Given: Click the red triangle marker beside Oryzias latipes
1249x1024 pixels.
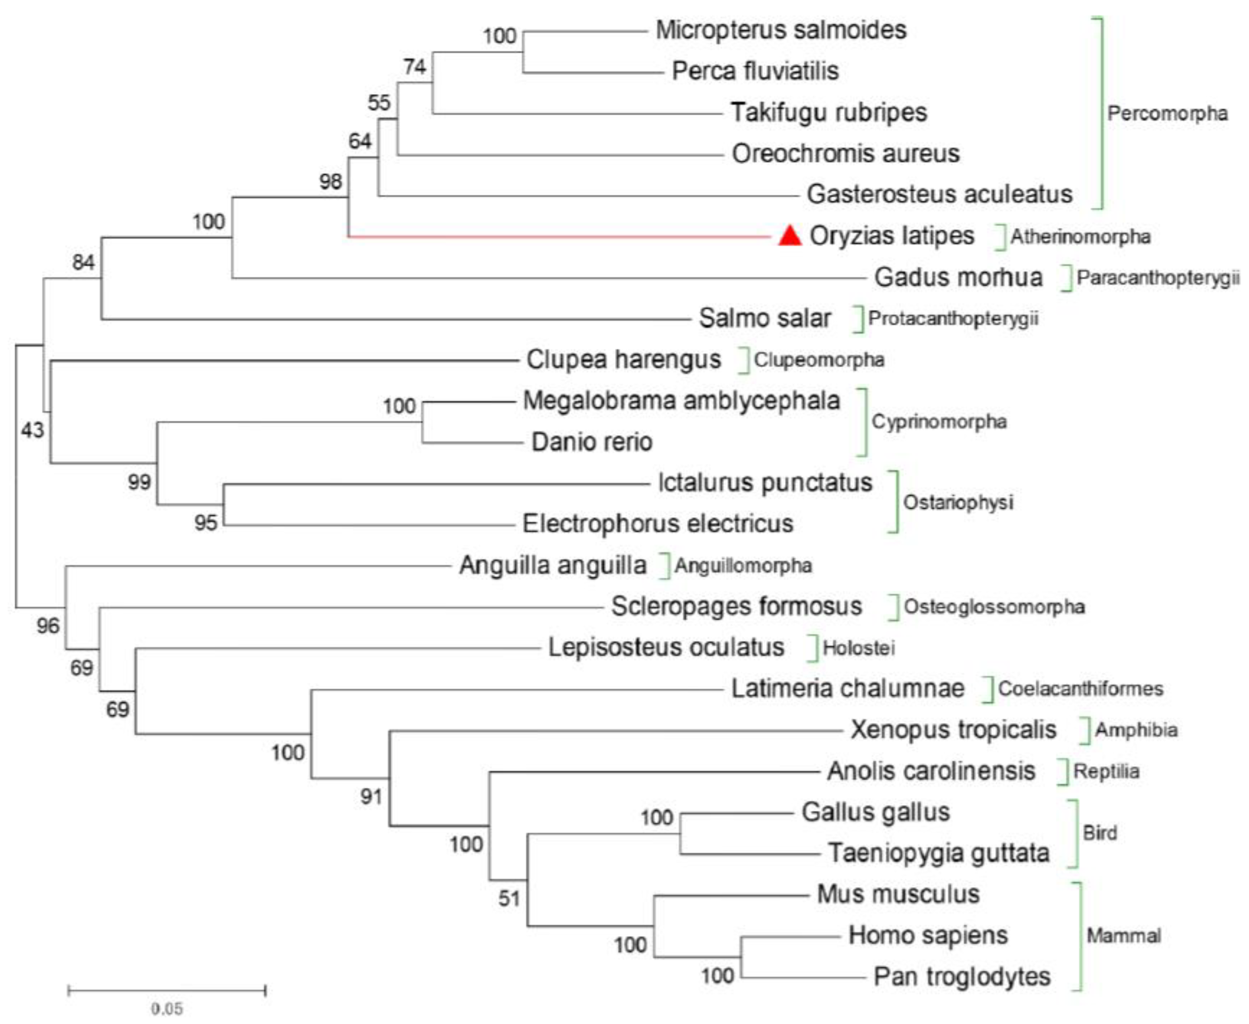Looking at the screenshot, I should (790, 236).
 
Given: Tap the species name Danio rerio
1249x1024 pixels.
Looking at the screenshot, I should (592, 442).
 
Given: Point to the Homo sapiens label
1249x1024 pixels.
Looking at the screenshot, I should (927, 935).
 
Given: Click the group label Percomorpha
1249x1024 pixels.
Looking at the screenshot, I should (1167, 113).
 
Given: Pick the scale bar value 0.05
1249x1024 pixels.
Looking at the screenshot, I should (167, 1009).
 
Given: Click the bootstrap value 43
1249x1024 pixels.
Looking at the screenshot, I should (33, 431).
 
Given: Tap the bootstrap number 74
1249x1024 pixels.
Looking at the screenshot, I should (415, 67).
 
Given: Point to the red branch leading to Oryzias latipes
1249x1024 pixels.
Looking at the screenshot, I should (560, 237).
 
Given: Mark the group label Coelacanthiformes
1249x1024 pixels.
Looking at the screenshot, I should (1080, 689).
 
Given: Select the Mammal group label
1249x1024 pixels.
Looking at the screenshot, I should (1123, 935).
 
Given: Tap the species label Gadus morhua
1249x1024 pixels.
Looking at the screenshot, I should (958, 277).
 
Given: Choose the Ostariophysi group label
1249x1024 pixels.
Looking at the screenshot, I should (958, 503).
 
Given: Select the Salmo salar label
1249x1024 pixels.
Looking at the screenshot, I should (765, 319).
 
